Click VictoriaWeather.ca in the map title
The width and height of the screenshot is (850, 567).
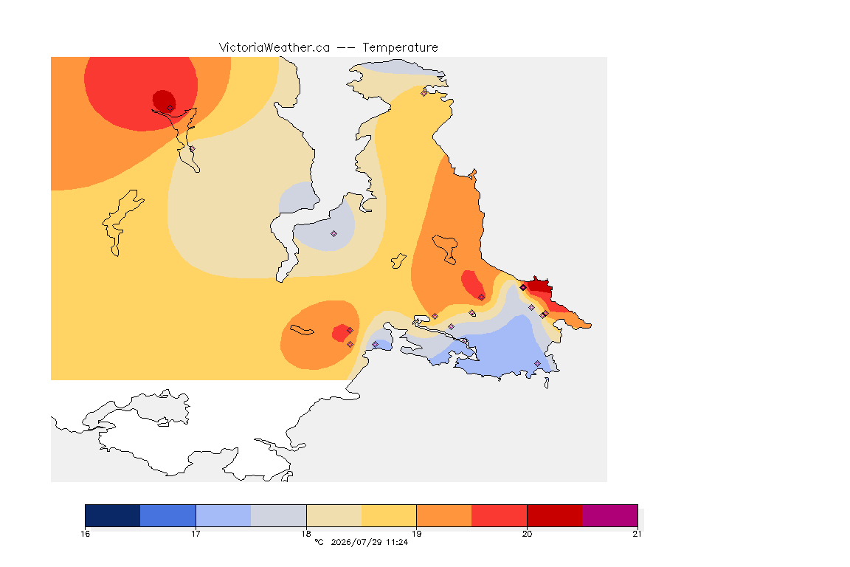[x=274, y=48]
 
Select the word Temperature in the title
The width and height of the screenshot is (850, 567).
[x=400, y=48]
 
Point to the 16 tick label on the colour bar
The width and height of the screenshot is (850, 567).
[x=85, y=534]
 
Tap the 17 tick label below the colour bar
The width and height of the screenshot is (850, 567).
[x=196, y=534]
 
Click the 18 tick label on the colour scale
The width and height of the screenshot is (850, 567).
[x=306, y=534]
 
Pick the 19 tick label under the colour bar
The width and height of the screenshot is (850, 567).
[x=416, y=534]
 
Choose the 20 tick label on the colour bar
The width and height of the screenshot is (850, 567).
[x=527, y=534]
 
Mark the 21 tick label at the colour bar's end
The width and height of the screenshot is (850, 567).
[x=637, y=534]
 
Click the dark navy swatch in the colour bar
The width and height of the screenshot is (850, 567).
[x=113, y=515]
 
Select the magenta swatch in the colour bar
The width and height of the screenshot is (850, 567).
[x=610, y=515]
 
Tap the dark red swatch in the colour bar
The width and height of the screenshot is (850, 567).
[x=555, y=515]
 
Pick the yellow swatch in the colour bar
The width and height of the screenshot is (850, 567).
[x=389, y=515]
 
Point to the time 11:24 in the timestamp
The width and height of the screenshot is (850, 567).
[x=397, y=542]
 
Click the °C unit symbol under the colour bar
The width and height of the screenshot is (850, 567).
[x=319, y=542]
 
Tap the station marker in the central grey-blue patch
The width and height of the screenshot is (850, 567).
[x=334, y=234]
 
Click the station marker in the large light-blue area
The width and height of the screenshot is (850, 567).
[x=538, y=363]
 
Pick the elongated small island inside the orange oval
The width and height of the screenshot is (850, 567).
[x=302, y=330]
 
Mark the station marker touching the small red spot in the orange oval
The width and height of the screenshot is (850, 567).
[x=350, y=331]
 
